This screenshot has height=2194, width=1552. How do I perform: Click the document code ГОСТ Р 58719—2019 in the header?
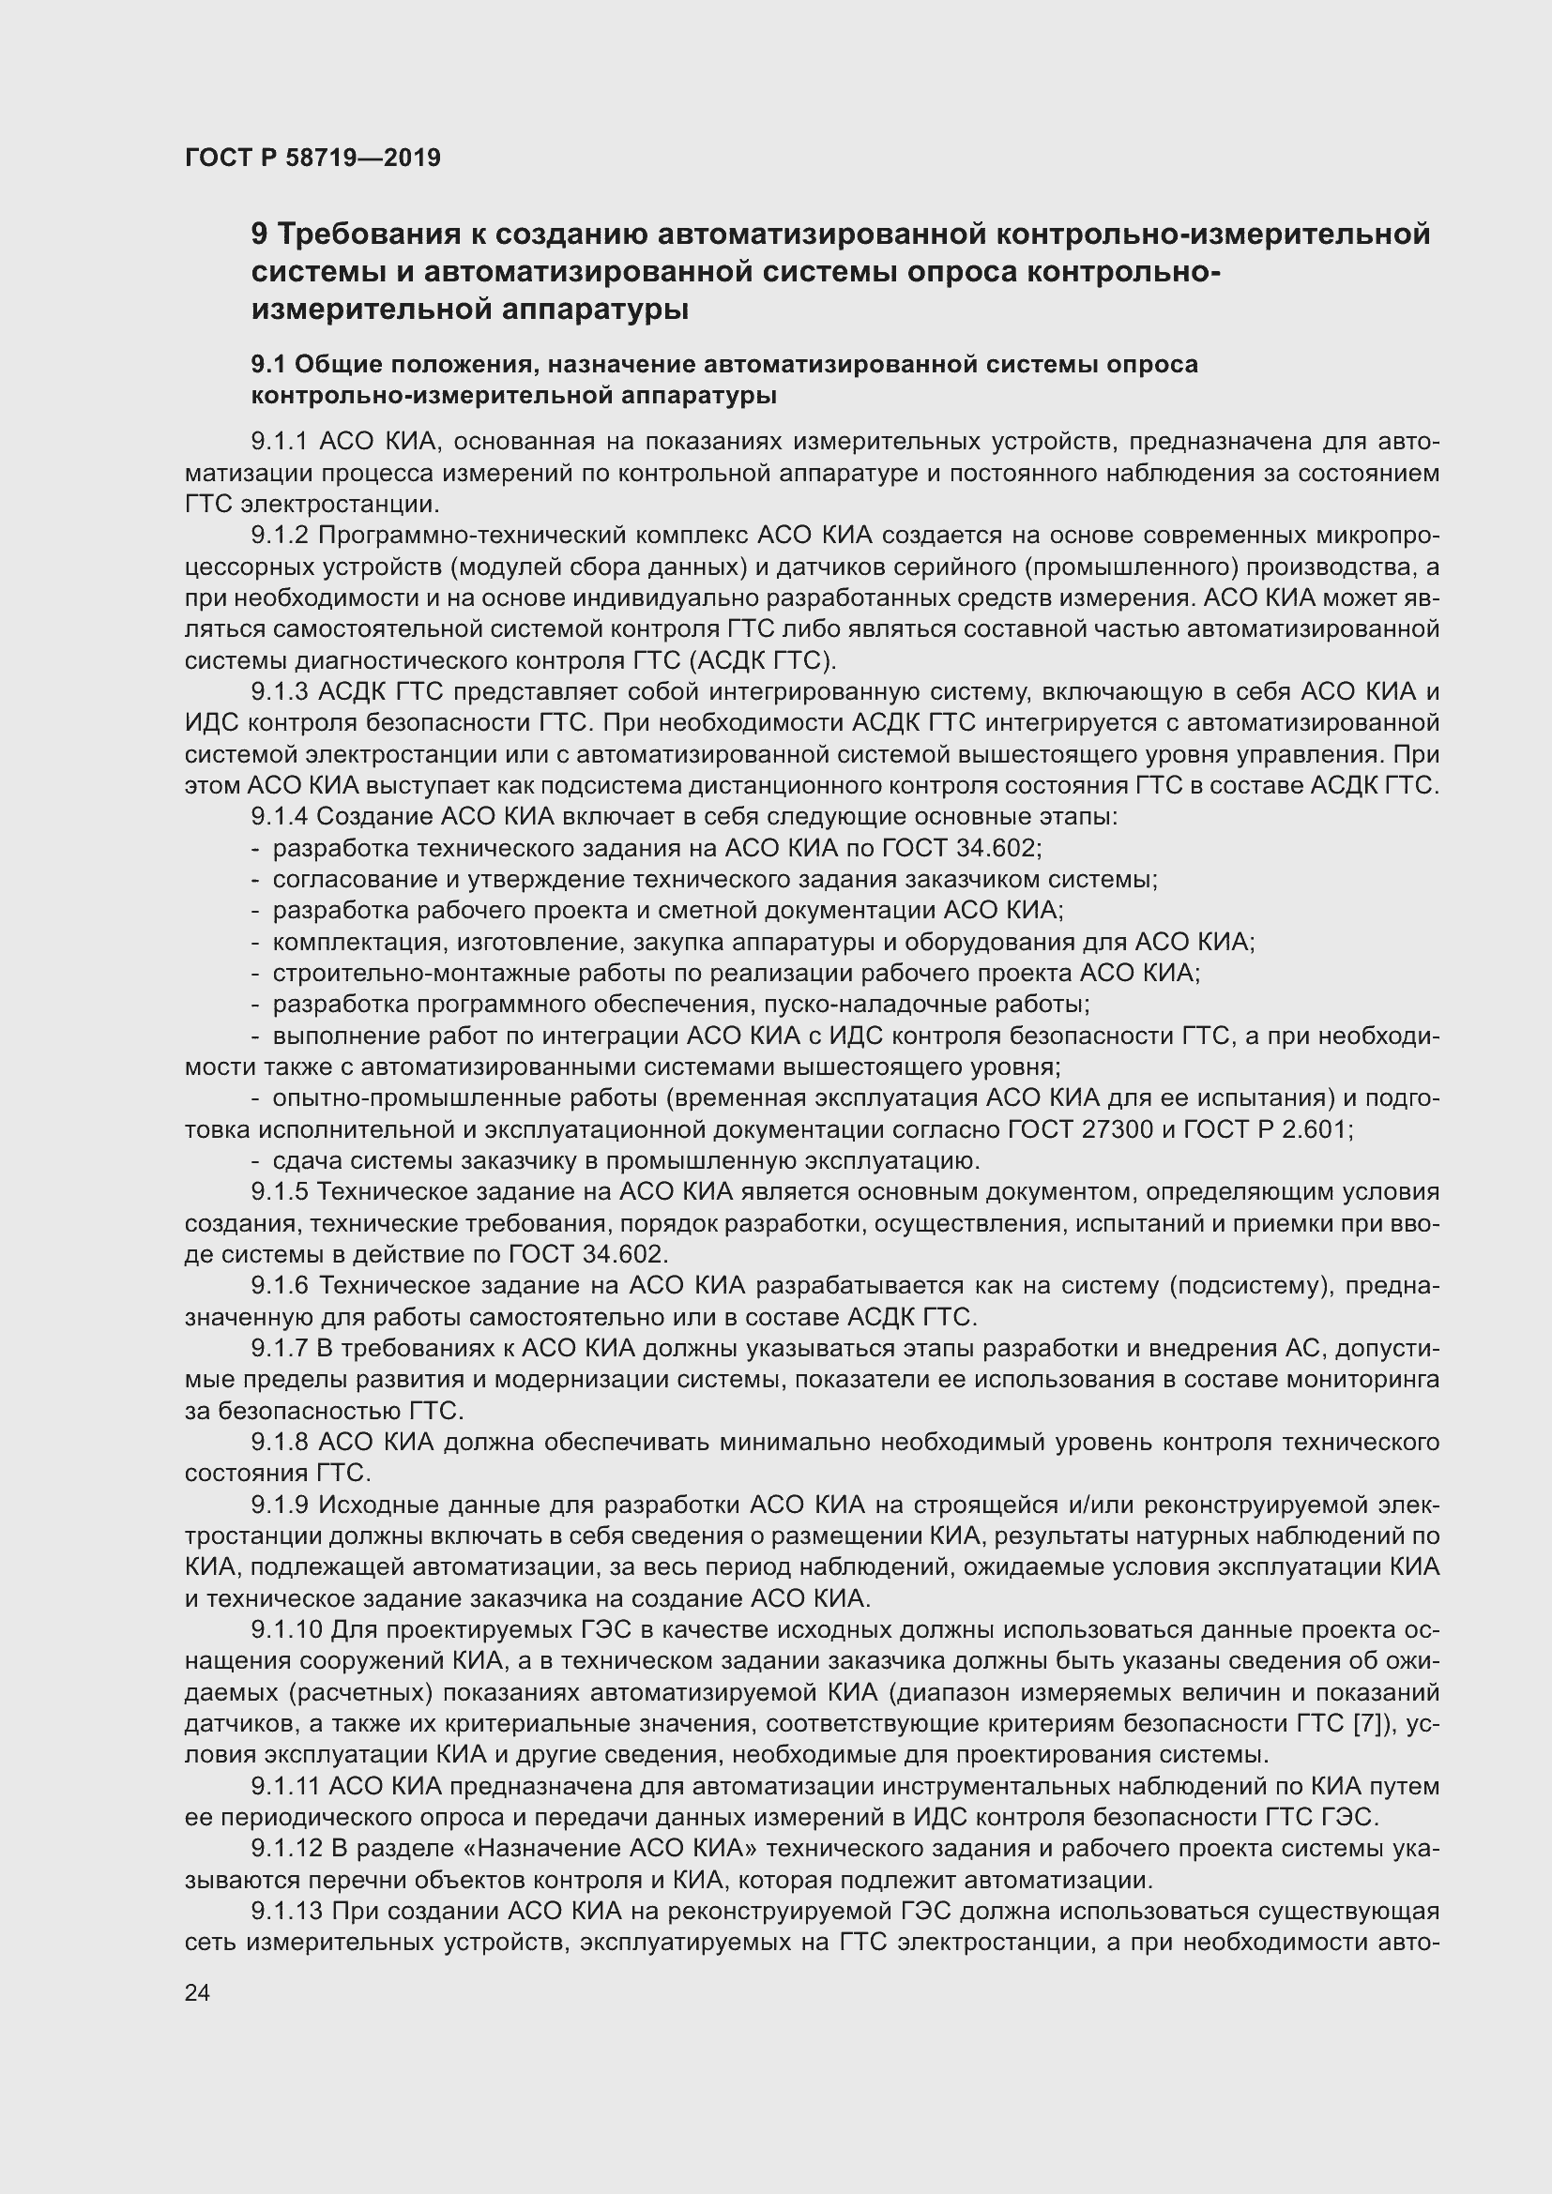pos(312,158)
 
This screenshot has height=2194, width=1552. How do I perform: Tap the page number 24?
pos(198,1992)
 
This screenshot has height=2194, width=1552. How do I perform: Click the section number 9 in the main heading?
pos(259,235)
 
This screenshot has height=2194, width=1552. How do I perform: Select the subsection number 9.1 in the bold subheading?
pos(268,365)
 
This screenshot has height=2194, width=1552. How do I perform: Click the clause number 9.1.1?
pos(280,442)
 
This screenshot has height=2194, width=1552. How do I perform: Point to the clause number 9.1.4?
pos(280,817)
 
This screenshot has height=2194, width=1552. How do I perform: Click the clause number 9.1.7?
pos(280,1348)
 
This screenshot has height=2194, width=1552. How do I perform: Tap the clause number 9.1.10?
pos(286,1630)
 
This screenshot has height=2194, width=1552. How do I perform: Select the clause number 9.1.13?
pos(286,1911)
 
